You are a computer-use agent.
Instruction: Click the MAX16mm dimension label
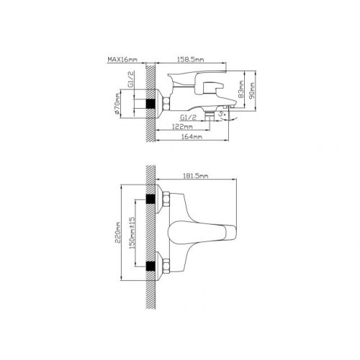pos(122,59)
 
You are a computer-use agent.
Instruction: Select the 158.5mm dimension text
pos(191,59)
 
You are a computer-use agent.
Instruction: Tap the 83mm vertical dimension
pos(241,89)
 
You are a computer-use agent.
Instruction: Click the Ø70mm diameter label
pos(117,104)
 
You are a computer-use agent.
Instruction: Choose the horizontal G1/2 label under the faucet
pos(188,117)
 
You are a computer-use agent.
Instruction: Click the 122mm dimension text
pos(182,127)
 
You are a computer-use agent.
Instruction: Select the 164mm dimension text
pos(192,137)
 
